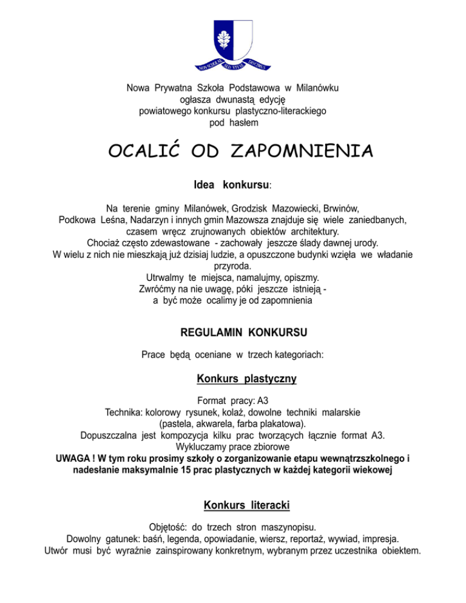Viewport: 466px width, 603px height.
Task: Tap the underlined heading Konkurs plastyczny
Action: (246, 379)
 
